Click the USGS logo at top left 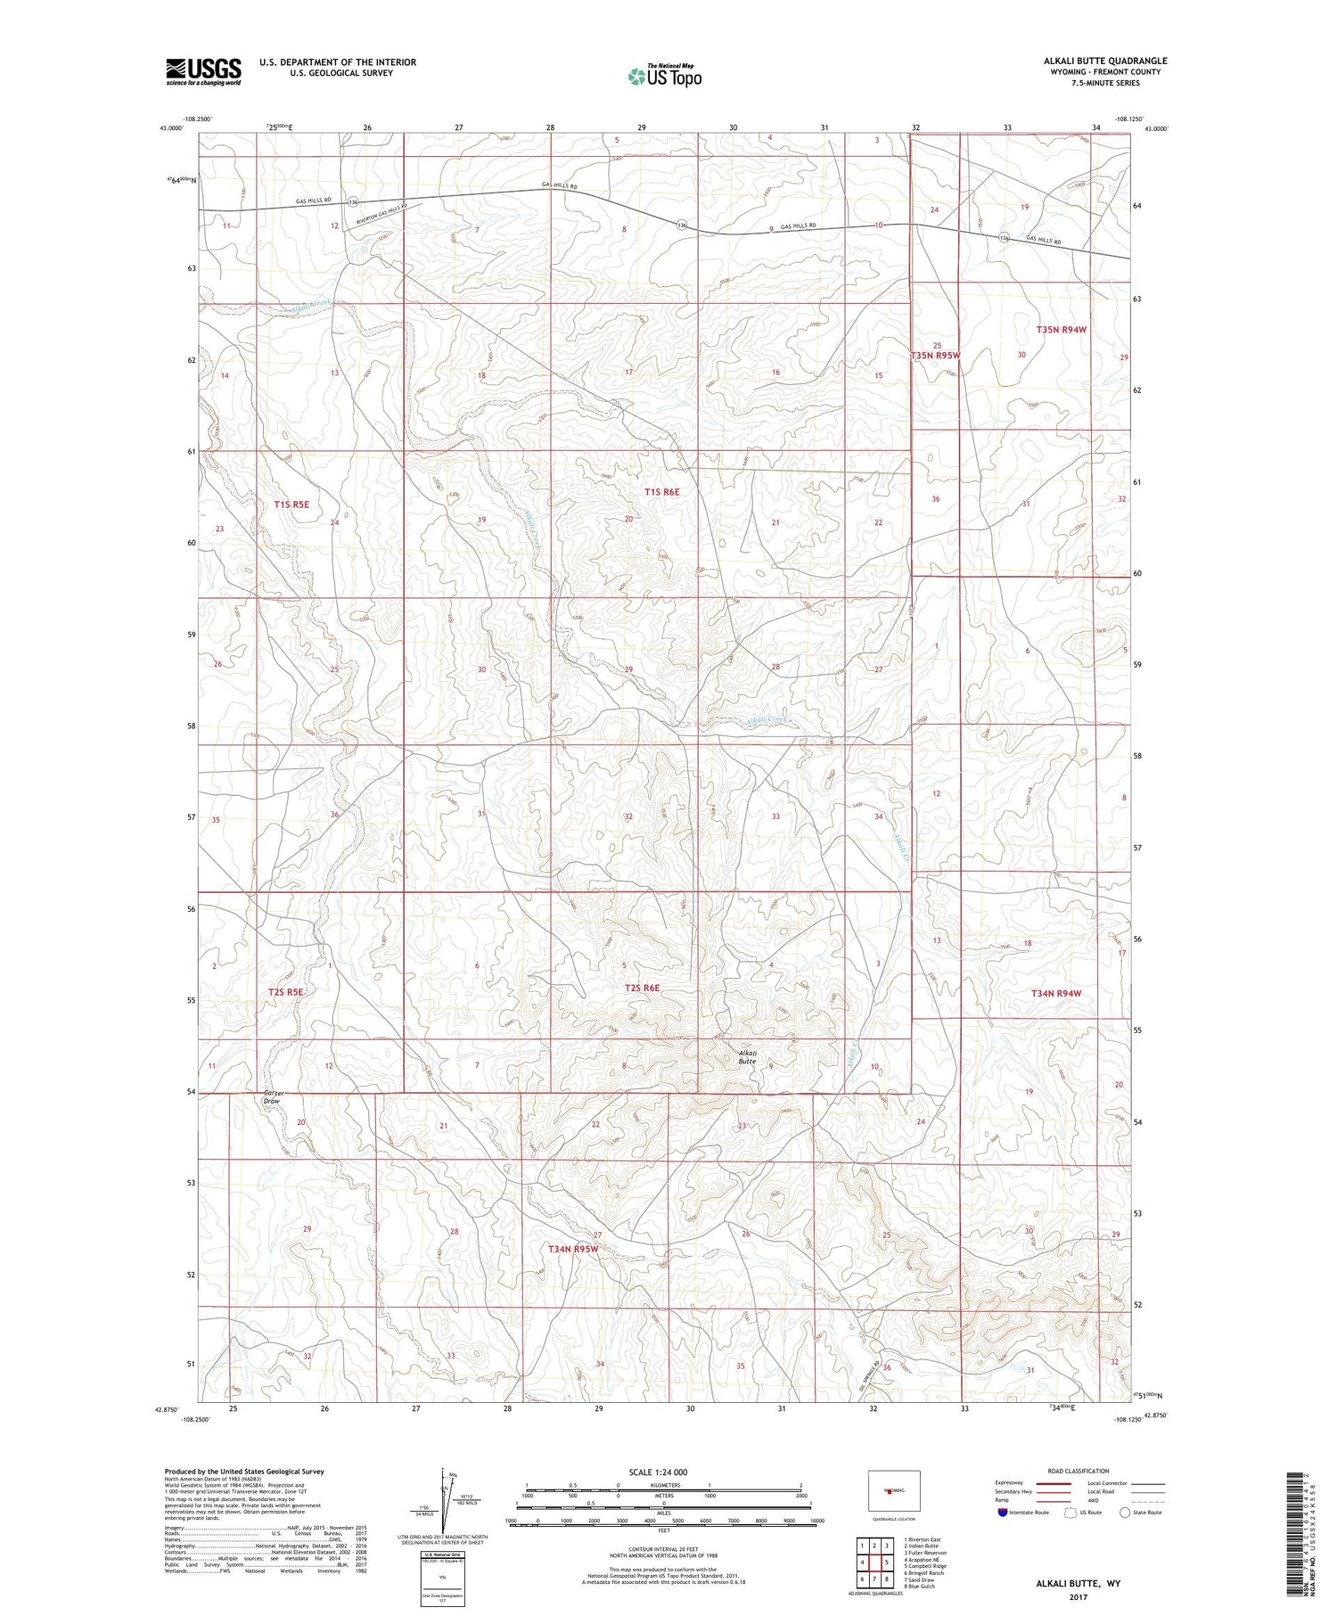[x=203, y=71]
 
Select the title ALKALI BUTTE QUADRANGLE [x=1105, y=61]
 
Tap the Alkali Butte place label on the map [x=747, y=1056]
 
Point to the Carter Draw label [x=272, y=1096]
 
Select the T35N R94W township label [x=1062, y=330]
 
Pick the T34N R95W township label [x=573, y=1250]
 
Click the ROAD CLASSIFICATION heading [x=1079, y=1471]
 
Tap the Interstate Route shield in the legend [x=1003, y=1513]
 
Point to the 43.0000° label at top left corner [x=172, y=128]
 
